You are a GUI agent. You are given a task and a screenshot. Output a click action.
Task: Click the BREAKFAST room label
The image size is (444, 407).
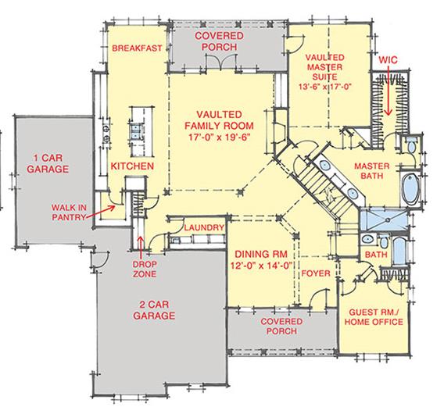(137, 48)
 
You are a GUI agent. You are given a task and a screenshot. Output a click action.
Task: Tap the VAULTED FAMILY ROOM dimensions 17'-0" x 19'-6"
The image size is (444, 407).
(219, 137)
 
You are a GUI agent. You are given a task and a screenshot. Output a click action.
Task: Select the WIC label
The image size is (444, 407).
(388, 59)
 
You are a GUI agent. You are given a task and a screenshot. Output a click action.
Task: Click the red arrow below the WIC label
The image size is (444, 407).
(388, 91)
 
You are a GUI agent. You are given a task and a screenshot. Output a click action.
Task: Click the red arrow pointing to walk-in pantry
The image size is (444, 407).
(100, 212)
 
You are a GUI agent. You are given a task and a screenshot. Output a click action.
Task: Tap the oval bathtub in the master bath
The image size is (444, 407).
(410, 189)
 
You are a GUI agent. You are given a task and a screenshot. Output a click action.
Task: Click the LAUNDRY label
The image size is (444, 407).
(204, 227)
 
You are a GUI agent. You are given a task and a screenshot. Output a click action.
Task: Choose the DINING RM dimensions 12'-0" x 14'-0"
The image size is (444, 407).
(261, 266)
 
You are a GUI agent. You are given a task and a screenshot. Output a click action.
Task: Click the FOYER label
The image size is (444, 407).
(316, 273)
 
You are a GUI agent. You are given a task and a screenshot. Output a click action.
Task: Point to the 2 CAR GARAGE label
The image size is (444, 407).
(154, 310)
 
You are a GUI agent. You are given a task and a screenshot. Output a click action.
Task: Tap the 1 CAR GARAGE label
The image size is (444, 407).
(48, 163)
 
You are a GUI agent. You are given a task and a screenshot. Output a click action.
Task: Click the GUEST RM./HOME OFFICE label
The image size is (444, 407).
(374, 317)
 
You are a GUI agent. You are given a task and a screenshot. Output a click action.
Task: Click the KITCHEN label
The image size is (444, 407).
(132, 166)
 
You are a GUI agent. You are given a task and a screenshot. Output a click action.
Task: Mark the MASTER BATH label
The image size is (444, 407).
(372, 170)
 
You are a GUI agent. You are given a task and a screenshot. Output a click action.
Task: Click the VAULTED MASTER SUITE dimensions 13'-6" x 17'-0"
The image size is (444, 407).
(324, 87)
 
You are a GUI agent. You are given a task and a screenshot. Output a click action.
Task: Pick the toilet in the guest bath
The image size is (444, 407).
(384, 242)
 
